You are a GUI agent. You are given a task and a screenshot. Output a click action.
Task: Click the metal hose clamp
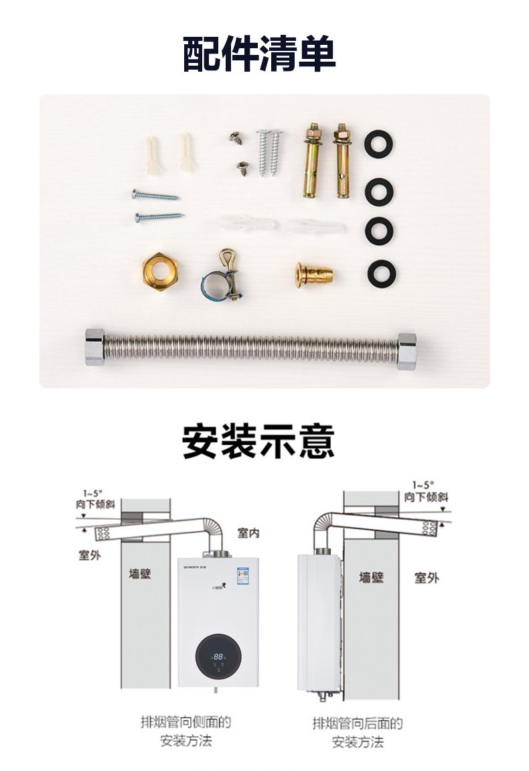click(222, 282)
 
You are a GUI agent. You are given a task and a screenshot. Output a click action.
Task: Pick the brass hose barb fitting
click(314, 274)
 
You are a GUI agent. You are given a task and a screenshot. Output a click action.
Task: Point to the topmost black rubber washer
click(378, 145)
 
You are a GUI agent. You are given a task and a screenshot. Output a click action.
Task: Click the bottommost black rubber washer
click(381, 274)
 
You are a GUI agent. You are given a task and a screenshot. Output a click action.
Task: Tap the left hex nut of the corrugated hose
click(94, 347)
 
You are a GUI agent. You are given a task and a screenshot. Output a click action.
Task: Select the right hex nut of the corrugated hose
click(406, 351)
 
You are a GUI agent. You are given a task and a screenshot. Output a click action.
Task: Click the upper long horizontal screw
click(155, 196)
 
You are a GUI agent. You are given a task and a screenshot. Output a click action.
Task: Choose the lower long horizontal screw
click(159, 217)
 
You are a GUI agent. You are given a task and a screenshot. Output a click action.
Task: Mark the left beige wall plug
click(153, 154)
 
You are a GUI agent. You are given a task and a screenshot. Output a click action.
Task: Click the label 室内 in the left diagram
click(249, 533)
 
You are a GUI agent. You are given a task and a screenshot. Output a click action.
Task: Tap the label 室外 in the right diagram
click(426, 577)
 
